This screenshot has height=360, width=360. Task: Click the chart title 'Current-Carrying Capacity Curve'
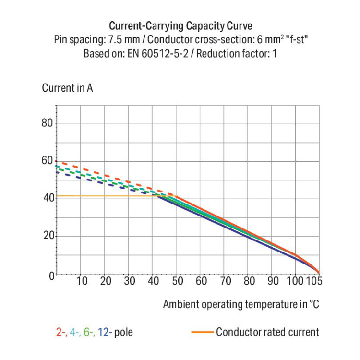(x=180, y=26)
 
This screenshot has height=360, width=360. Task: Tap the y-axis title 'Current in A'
(x=67, y=88)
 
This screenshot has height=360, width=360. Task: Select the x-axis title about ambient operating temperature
(x=241, y=304)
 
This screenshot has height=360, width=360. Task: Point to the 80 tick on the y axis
(x=47, y=123)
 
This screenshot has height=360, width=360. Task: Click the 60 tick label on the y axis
(x=47, y=160)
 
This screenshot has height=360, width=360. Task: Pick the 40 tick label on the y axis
(x=47, y=198)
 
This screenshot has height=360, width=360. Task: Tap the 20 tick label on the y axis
(x=47, y=236)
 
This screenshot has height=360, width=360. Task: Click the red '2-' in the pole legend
(x=61, y=332)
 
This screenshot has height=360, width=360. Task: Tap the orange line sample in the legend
(x=202, y=332)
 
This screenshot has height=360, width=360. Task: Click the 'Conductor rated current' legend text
(x=267, y=332)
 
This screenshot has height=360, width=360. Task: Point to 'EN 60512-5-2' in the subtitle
(x=156, y=53)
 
